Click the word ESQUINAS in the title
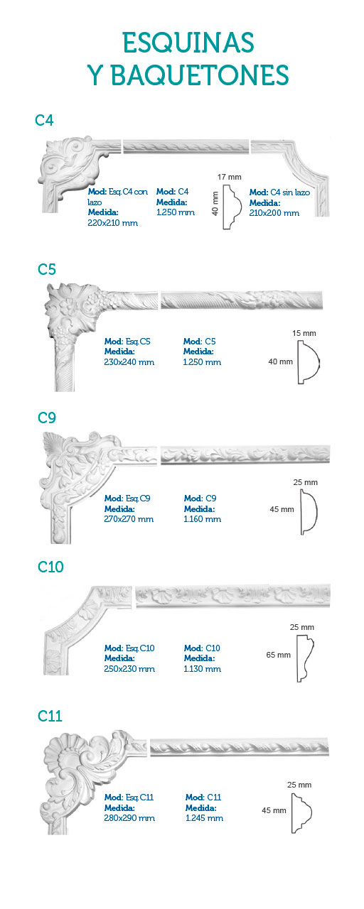click(x=188, y=43)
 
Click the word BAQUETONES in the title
click(x=200, y=75)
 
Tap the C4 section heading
click(x=44, y=121)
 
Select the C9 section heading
click(x=47, y=418)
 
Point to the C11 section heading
click(x=50, y=716)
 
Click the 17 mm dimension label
click(x=229, y=177)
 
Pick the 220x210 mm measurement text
click(x=112, y=223)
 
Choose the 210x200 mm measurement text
click(x=274, y=213)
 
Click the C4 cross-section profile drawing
click(x=232, y=207)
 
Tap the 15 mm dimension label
click(x=304, y=333)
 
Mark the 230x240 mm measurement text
click(x=129, y=362)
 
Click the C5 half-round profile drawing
click(x=309, y=362)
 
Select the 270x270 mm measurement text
click(x=129, y=519)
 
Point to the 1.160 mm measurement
click(x=203, y=519)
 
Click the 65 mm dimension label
click(x=278, y=655)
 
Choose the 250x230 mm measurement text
click(x=129, y=669)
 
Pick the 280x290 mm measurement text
click(x=129, y=818)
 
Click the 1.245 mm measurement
click(x=204, y=818)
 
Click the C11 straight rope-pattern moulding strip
click(x=240, y=747)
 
